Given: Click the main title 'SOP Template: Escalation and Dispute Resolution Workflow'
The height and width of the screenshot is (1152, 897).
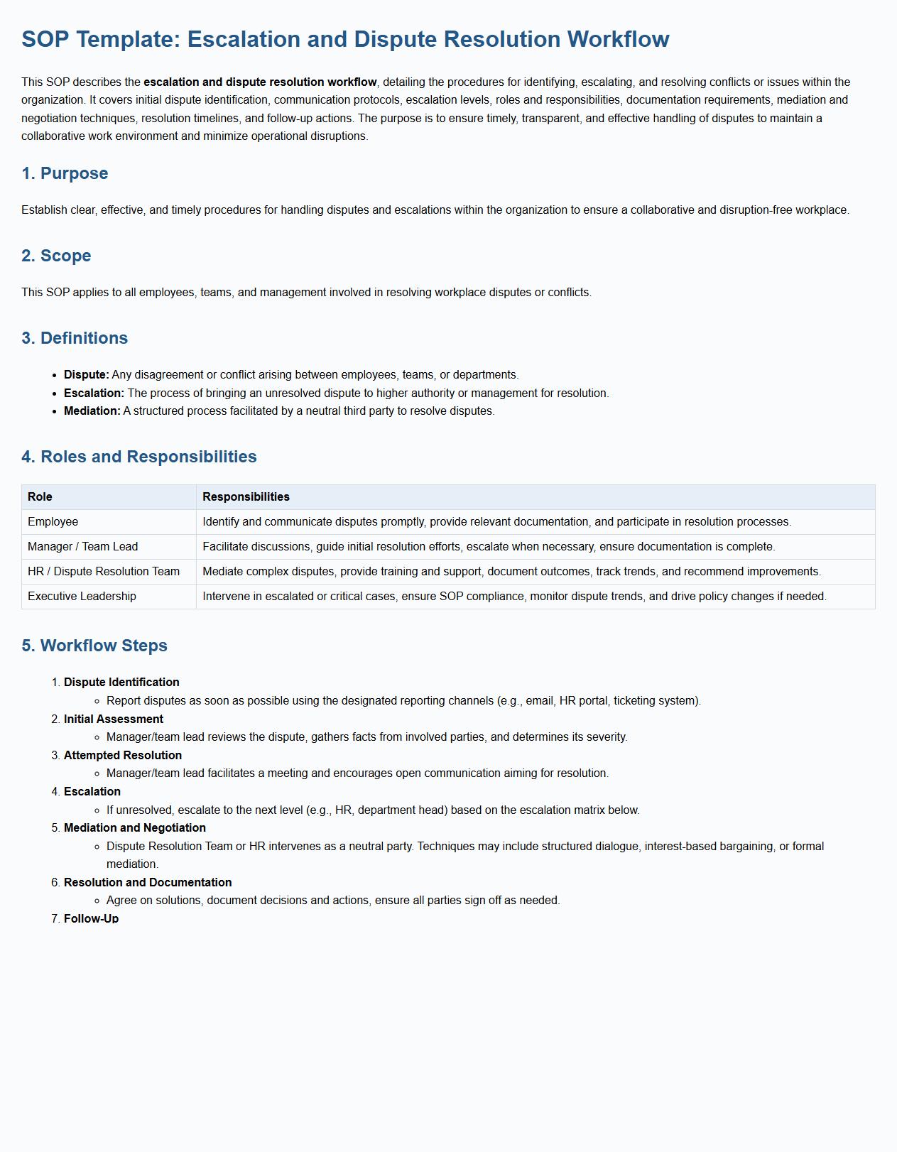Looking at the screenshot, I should click(345, 39).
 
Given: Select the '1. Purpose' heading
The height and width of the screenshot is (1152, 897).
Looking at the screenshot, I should click(65, 173).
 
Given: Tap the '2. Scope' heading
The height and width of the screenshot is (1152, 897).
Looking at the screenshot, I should click(56, 256).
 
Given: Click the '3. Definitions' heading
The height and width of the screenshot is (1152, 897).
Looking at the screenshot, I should click(75, 338).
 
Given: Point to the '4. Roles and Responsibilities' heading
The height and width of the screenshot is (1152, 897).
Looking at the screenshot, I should click(139, 457).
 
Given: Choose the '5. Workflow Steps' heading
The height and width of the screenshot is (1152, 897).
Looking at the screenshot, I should click(94, 646).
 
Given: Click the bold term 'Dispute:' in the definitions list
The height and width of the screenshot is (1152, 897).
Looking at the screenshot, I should click(87, 375).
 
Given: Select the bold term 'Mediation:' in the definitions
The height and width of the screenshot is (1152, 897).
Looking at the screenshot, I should click(92, 411).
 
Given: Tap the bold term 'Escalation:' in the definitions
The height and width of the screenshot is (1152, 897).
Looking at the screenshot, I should click(94, 393).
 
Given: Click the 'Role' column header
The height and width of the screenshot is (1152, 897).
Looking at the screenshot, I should click(40, 497).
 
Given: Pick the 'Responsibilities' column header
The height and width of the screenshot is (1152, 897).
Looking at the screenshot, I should click(246, 497).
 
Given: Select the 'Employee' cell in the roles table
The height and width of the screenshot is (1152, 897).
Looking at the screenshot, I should click(53, 522).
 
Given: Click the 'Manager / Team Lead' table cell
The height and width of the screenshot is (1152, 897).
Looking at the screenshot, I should click(83, 547).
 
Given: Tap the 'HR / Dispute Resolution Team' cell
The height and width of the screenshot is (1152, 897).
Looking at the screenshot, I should click(104, 572).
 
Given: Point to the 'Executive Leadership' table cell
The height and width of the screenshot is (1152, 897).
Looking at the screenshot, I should click(82, 597).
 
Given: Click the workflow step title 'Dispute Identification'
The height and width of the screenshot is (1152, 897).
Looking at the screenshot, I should click(121, 683).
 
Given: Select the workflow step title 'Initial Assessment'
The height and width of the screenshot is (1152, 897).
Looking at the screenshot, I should click(114, 719).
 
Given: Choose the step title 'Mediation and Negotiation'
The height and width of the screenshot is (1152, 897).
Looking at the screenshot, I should click(135, 828).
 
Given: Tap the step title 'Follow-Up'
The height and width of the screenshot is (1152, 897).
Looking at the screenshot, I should click(91, 919).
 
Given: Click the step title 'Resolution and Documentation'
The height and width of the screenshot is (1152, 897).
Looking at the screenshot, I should click(148, 883).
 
